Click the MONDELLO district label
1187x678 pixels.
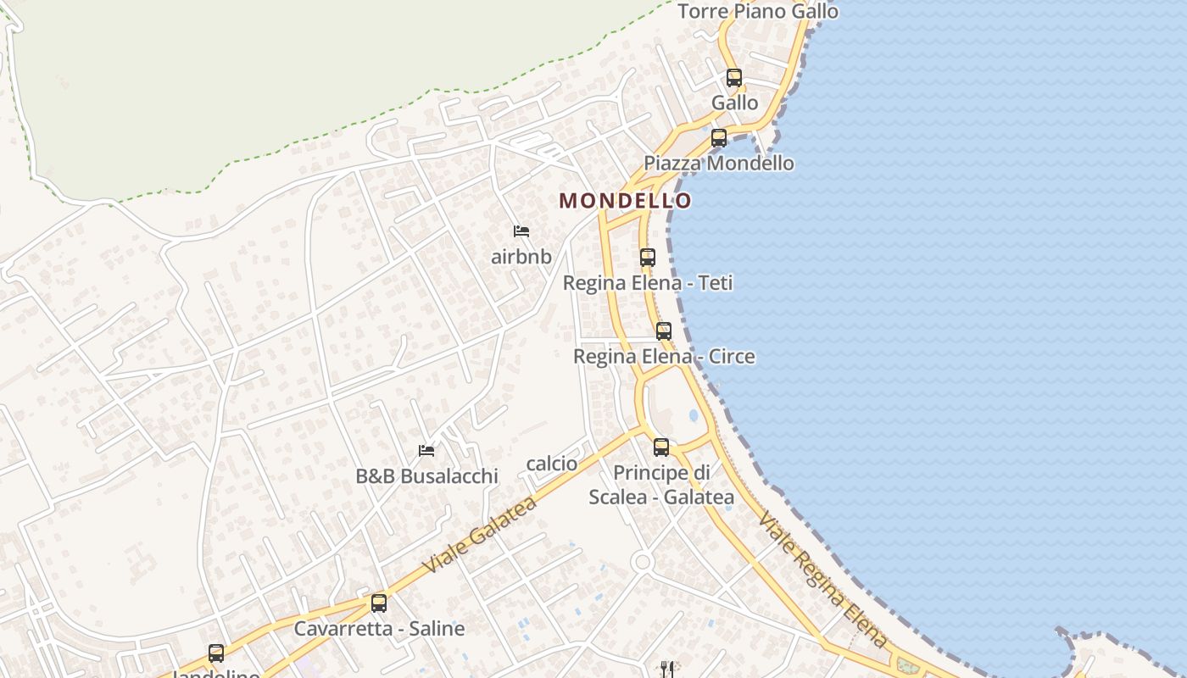pos(625,201)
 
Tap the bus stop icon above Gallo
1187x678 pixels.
pos(734,78)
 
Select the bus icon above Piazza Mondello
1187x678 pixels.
pos(719,137)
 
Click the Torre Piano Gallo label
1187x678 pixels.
pos(758,11)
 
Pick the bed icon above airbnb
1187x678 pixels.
pos(521,231)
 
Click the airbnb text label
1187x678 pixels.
pos(521,257)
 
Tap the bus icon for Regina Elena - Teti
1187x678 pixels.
pos(648,258)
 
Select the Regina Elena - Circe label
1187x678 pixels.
pos(664,356)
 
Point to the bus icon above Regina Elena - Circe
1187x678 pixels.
pos(664,331)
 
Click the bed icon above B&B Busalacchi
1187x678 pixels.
pos(426,450)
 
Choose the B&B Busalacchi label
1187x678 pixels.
pos(426,476)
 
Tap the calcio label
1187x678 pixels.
pos(552,464)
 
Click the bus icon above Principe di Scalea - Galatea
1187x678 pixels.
pos(661,447)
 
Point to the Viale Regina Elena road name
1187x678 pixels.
pos(822,580)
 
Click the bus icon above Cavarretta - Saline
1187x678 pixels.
pos(379,603)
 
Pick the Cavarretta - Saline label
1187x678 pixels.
pos(379,629)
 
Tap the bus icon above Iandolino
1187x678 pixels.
pos(216,653)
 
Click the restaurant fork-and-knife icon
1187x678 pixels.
pos(668,670)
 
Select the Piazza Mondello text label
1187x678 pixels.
pos(719,163)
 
